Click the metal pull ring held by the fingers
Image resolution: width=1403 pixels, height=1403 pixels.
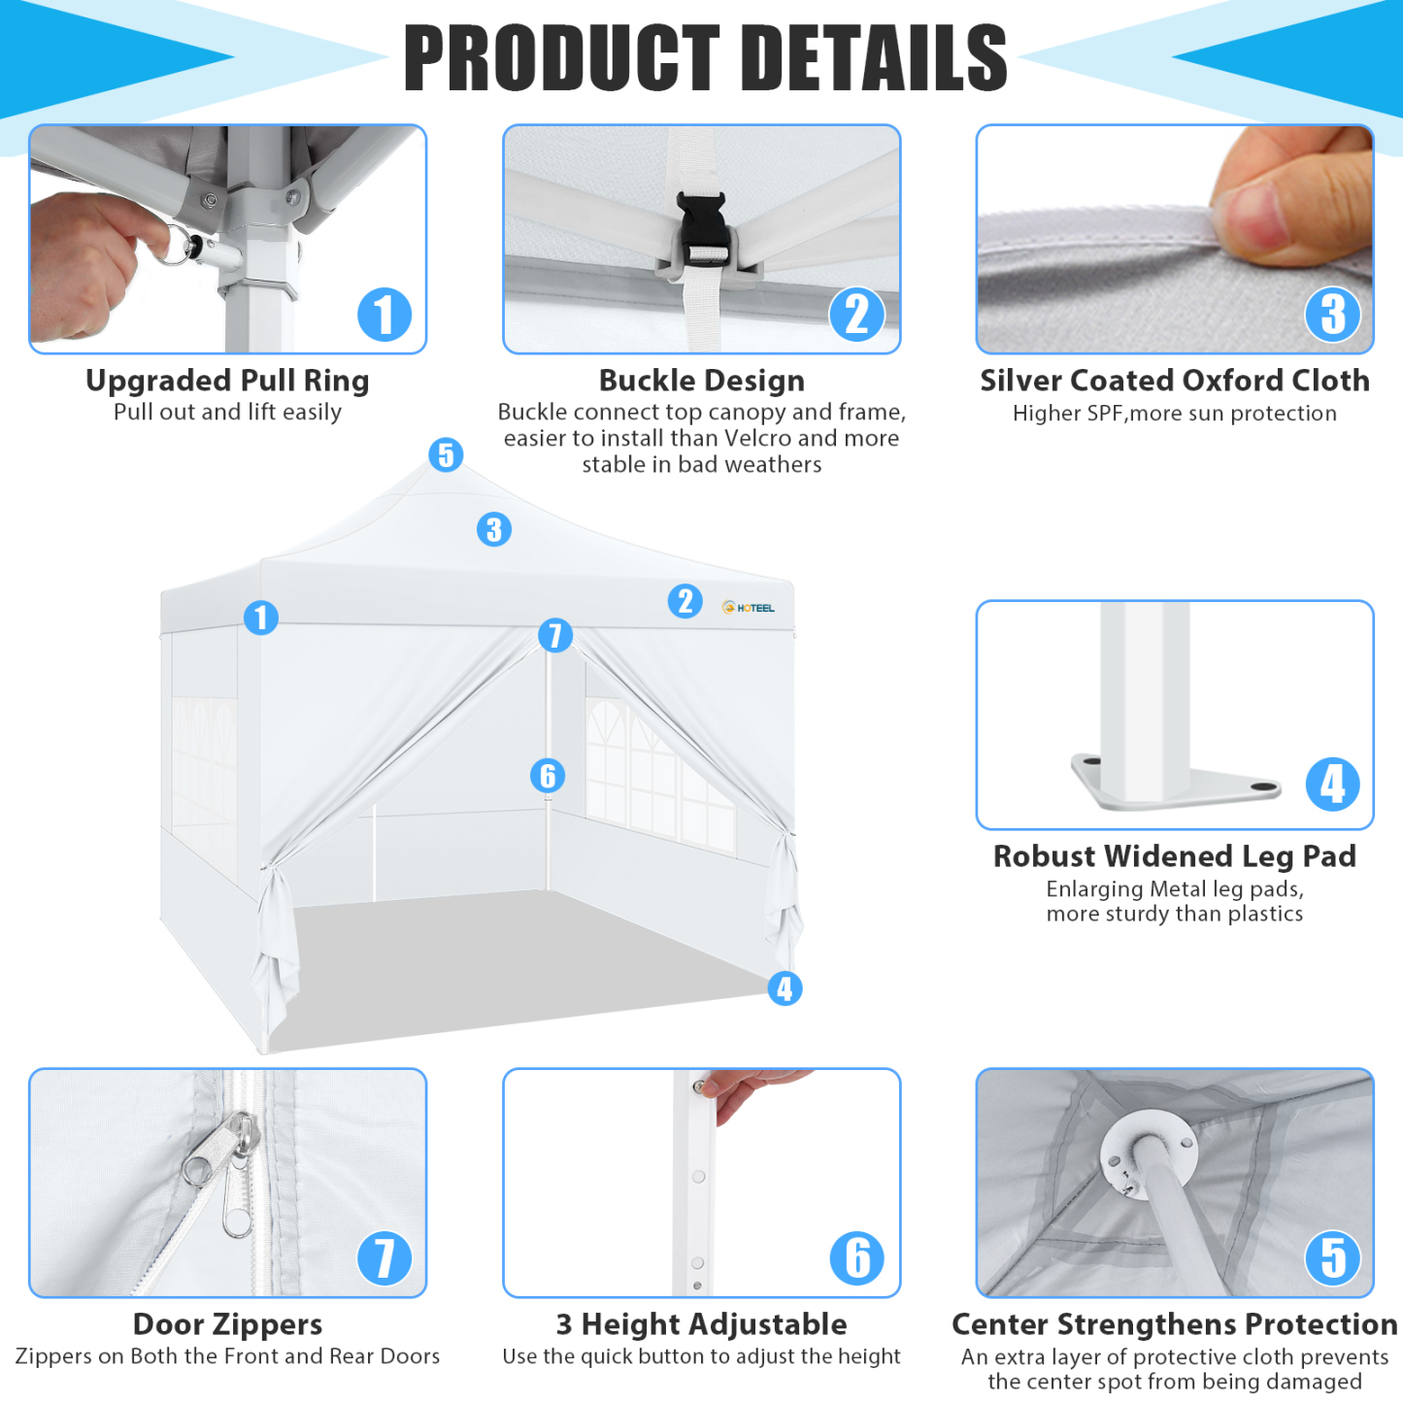click(178, 244)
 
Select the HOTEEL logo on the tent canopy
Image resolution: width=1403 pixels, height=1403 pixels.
click(749, 608)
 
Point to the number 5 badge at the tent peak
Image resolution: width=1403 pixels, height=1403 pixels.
click(446, 454)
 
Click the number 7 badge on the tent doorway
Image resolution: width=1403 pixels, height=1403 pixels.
click(555, 635)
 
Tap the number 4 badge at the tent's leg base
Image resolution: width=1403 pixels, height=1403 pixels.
click(785, 988)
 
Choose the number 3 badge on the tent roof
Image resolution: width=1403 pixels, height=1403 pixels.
click(494, 529)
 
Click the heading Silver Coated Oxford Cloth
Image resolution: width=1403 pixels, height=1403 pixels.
click(1174, 381)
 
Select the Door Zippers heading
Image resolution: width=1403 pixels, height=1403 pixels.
click(227, 1324)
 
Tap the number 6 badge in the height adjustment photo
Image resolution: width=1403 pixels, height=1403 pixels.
click(857, 1257)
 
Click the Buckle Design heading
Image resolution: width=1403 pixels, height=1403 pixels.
click(701, 381)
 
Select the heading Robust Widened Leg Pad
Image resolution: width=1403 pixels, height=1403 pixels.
click(1174, 856)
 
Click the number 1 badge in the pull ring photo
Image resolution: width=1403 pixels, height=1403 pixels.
click(384, 315)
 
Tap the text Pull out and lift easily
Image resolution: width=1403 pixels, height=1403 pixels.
click(227, 413)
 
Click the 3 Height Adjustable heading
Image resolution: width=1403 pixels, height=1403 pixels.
click(701, 1324)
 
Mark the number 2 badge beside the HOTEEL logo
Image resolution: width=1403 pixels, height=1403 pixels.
click(685, 601)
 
